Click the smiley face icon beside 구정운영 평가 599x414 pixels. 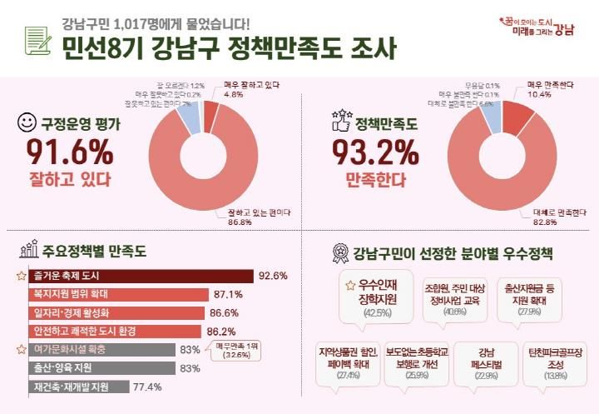27,123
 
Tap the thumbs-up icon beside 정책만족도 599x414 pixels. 341,123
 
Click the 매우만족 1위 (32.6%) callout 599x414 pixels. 236,350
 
